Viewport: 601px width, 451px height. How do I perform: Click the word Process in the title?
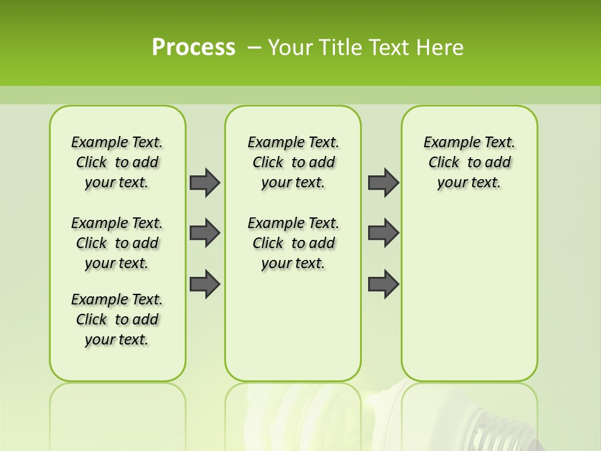pyautogui.click(x=193, y=48)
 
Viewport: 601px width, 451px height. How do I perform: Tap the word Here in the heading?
pyautogui.click(x=441, y=48)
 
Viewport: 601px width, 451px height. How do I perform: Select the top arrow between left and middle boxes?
pyautogui.click(x=205, y=182)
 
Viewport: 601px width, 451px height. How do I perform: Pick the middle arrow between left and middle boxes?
pyautogui.click(x=205, y=233)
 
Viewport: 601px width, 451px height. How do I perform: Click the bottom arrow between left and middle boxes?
pyautogui.click(x=205, y=284)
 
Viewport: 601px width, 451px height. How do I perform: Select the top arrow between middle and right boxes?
pyautogui.click(x=383, y=182)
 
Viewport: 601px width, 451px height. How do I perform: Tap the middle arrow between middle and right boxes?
pyautogui.click(x=383, y=233)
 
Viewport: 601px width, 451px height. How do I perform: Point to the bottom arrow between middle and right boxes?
pyautogui.click(x=383, y=284)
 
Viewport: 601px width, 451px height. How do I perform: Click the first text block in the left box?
pyautogui.click(x=117, y=162)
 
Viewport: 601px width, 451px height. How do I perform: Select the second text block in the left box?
pyautogui.click(x=117, y=243)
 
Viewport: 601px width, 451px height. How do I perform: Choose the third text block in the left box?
pyautogui.click(x=117, y=319)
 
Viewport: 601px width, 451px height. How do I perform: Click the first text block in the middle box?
pyautogui.click(x=294, y=162)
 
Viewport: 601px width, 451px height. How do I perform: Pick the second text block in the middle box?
pyautogui.click(x=294, y=243)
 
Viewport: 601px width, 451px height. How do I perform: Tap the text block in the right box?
pyautogui.click(x=470, y=162)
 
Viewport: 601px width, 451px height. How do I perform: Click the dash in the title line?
pyautogui.click(x=254, y=48)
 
